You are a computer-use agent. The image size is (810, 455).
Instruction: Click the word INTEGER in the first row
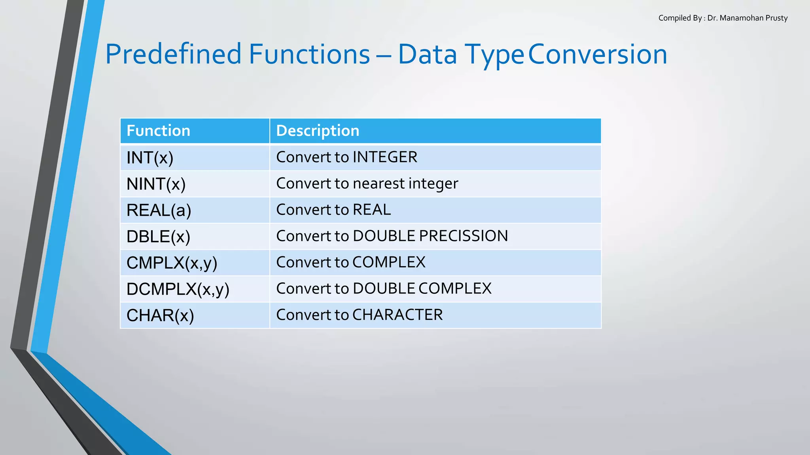point(385,157)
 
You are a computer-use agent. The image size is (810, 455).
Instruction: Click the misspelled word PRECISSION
point(463,236)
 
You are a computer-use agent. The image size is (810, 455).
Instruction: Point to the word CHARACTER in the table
point(397,315)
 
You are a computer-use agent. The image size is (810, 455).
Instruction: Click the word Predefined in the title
point(173,54)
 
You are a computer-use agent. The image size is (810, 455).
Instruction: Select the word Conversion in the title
point(598,54)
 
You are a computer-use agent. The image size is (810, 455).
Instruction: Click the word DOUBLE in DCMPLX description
point(384,289)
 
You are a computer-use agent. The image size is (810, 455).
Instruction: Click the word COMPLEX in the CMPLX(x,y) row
point(389,263)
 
